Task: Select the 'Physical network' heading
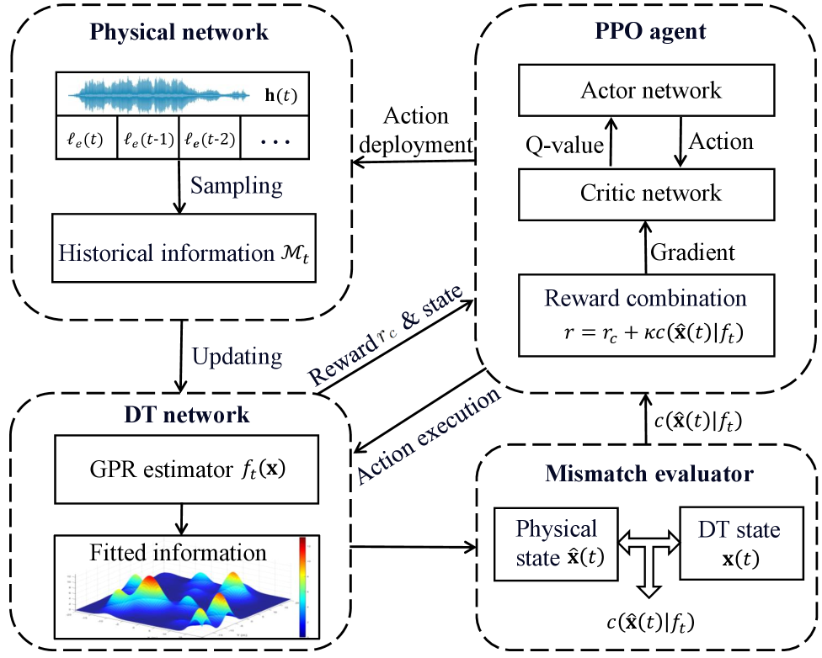pyautogui.click(x=179, y=33)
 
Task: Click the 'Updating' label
pyautogui.click(x=237, y=355)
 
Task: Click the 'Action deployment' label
pyautogui.click(x=415, y=130)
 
